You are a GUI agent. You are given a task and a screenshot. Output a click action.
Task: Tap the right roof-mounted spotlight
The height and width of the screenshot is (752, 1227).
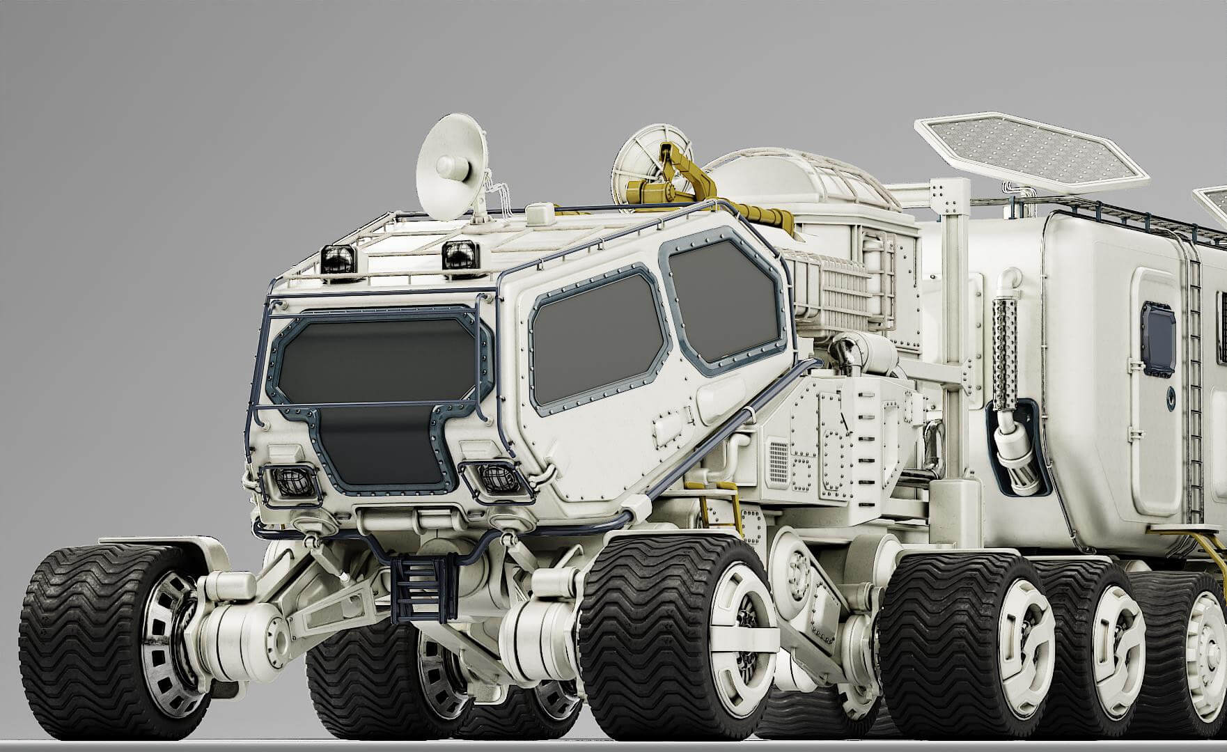click(x=459, y=253)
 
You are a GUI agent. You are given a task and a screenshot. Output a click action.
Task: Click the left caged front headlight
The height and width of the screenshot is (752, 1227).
click(x=288, y=481)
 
